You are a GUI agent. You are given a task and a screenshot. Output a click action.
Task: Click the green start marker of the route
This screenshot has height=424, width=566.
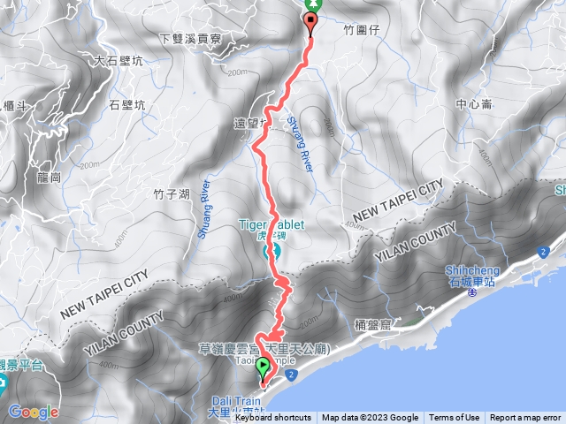pos(263,370)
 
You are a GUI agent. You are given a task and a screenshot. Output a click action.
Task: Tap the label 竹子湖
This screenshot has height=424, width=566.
pos(171,193)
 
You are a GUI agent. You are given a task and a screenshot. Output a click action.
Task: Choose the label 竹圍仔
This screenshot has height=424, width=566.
pos(361,29)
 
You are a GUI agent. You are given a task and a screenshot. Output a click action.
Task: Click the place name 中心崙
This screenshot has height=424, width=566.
pos(474,104)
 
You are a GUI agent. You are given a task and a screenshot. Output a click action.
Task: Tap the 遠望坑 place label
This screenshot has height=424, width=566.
pos(250,124)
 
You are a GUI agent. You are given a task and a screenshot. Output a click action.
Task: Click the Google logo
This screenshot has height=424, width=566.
pos(34,412)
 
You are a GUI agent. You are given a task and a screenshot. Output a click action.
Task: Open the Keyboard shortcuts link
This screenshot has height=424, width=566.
pos(273,418)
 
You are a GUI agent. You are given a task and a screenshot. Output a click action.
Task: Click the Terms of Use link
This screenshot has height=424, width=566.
pos(455,418)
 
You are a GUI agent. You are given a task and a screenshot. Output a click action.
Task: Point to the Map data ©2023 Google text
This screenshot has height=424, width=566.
pos(370,418)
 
